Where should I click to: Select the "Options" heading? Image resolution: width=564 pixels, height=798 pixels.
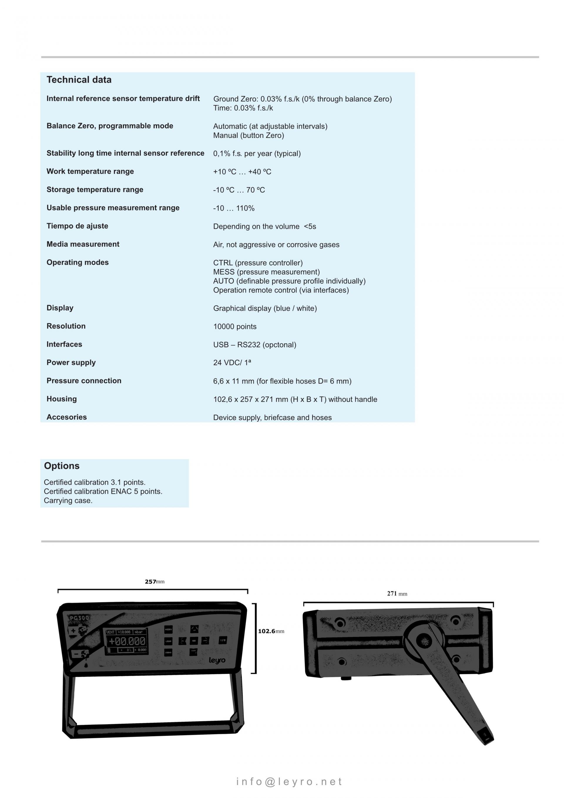(x=61, y=466)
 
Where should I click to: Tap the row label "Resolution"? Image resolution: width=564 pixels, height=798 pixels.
(x=66, y=326)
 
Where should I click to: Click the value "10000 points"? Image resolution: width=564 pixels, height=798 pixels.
(x=235, y=327)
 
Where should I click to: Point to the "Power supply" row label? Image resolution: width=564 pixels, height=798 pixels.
(x=71, y=362)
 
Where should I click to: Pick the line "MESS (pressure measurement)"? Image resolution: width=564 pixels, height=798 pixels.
(x=266, y=272)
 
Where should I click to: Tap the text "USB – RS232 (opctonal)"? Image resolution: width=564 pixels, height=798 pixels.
(x=255, y=345)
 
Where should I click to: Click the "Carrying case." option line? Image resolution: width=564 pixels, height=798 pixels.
(x=68, y=501)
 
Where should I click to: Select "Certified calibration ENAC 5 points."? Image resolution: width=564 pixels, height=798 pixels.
(x=103, y=491)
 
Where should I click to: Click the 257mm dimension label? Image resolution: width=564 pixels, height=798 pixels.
(x=155, y=581)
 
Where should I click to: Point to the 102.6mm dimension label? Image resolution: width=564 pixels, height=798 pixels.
(x=271, y=631)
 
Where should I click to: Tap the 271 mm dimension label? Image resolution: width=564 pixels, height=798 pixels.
(x=397, y=594)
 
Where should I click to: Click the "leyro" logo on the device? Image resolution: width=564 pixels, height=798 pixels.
(x=217, y=660)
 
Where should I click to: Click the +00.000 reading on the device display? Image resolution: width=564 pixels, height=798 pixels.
(x=127, y=641)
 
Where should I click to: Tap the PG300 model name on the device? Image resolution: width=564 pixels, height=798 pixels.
(x=79, y=618)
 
